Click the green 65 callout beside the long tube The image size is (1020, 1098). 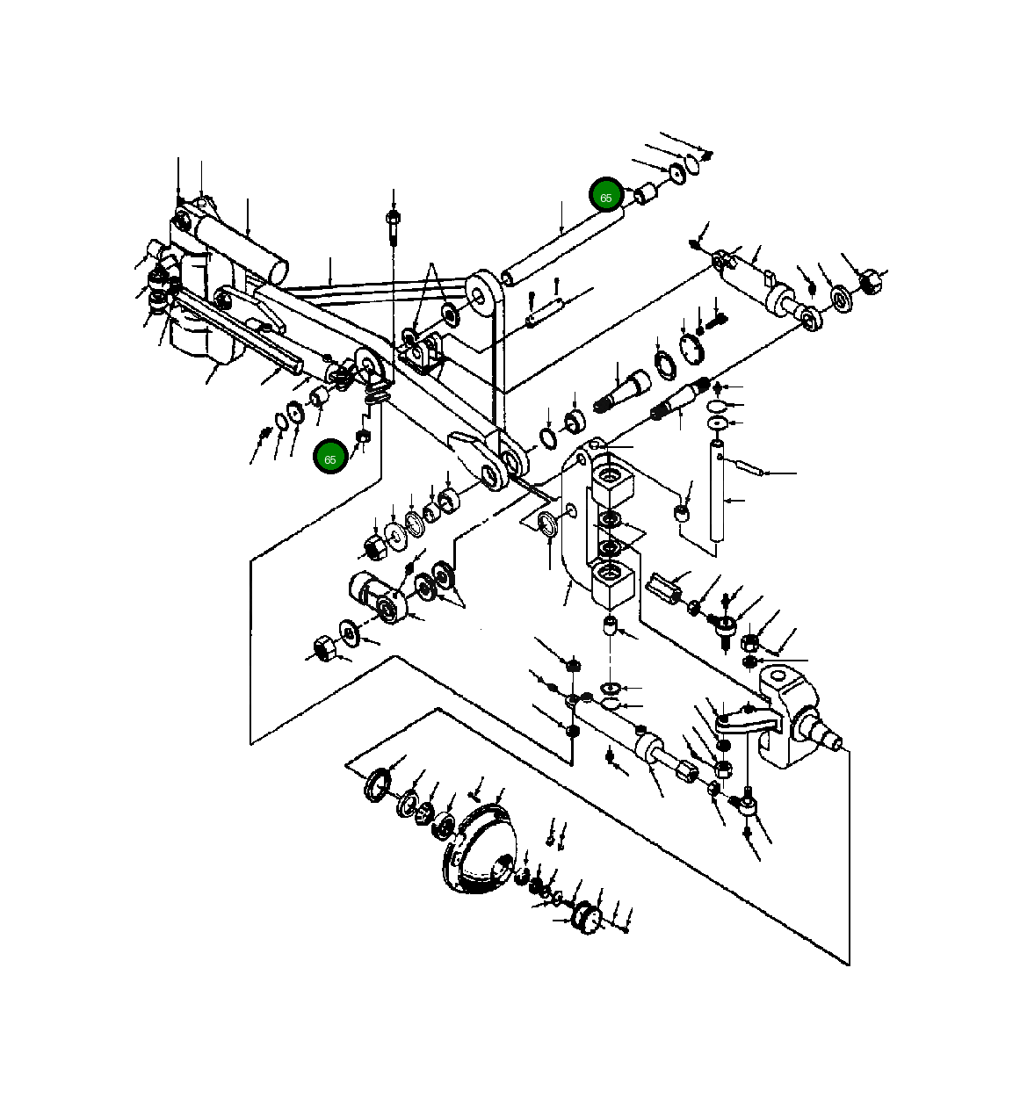(x=606, y=196)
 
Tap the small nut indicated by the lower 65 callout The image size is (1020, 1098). (x=363, y=437)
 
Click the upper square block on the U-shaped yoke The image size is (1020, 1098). (x=612, y=486)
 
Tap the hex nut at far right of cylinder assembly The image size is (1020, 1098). (x=871, y=282)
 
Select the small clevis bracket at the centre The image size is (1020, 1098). (x=421, y=353)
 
